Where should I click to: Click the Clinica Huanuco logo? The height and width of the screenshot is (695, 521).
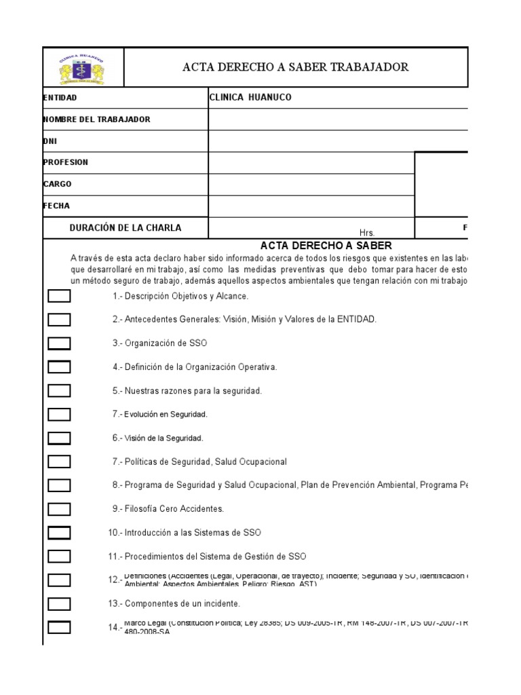pyautogui.click(x=83, y=67)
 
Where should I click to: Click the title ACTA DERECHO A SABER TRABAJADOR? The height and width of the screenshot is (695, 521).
pyautogui.click(x=296, y=67)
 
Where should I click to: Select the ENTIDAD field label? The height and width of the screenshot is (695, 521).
pyautogui.click(x=60, y=98)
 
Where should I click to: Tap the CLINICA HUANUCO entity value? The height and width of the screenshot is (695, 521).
pyautogui.click(x=250, y=98)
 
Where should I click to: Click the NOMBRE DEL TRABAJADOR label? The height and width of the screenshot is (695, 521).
pyautogui.click(x=96, y=119)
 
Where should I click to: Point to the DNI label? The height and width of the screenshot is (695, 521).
pyautogui.click(x=50, y=141)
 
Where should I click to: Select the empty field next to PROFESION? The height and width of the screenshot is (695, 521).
pyautogui.click(x=311, y=163)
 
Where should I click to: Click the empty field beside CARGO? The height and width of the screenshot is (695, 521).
pyautogui.click(x=311, y=185)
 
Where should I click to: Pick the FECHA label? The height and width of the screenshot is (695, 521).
pyautogui.click(x=56, y=206)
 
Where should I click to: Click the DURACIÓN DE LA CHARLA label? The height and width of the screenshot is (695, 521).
pyautogui.click(x=126, y=228)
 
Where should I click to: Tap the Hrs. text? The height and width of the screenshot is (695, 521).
pyautogui.click(x=367, y=232)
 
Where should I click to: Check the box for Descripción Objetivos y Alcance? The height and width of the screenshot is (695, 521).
pyautogui.click(x=59, y=296)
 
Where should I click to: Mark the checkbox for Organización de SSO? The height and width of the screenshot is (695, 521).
pyautogui.click(x=59, y=343)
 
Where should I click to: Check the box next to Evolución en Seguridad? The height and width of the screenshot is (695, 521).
pyautogui.click(x=59, y=414)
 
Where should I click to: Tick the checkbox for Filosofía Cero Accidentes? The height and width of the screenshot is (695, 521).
pyautogui.click(x=59, y=508)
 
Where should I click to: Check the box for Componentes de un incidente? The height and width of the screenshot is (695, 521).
pyautogui.click(x=59, y=603)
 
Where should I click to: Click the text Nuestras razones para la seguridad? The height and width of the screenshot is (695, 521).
pyautogui.click(x=193, y=391)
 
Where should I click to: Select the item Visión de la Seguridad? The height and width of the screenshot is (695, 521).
pyautogui.click(x=163, y=438)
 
